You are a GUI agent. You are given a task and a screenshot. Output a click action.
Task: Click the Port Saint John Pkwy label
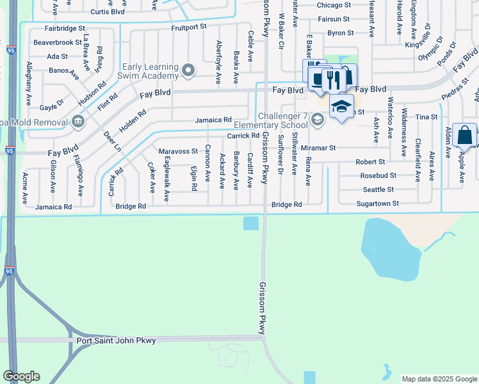point(116,340)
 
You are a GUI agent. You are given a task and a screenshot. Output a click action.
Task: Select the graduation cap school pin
point(341,105)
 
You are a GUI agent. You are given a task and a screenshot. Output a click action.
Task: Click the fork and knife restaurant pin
point(332,79)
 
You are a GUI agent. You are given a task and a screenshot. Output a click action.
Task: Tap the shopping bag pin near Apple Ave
point(464,135)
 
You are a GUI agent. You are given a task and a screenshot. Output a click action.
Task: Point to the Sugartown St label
point(378,204)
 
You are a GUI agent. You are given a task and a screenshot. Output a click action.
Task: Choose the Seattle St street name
point(378,189)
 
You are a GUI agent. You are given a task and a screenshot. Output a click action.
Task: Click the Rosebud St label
point(378,175)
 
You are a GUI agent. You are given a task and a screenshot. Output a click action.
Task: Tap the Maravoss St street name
point(178,151)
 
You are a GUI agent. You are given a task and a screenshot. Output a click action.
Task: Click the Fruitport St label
point(190,28)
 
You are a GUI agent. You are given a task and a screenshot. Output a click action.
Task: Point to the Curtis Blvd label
point(107,12)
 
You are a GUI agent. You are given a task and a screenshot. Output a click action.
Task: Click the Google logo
point(20,376)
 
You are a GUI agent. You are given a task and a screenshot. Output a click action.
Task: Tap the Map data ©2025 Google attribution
point(439,379)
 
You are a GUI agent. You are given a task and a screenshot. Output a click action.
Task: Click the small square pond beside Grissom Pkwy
point(251,223)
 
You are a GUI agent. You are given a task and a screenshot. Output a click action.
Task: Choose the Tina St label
point(426,117)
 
